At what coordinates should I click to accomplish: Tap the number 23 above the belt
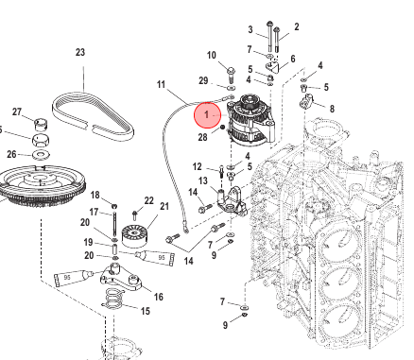80,52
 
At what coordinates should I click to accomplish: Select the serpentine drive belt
94,117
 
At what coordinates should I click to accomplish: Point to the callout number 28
202,137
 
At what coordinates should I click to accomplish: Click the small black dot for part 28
222,128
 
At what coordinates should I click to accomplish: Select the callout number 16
158,297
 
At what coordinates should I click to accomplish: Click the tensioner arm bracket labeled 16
122,278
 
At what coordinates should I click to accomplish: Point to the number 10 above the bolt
212,56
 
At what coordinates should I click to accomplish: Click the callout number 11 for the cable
161,85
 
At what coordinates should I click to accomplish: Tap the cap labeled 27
40,124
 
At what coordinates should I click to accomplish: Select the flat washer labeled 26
41,154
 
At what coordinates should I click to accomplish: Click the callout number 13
203,180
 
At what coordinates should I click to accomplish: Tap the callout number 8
332,109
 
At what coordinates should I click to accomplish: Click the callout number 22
148,200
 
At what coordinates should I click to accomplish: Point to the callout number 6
293,59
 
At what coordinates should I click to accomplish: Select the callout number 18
95,196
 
